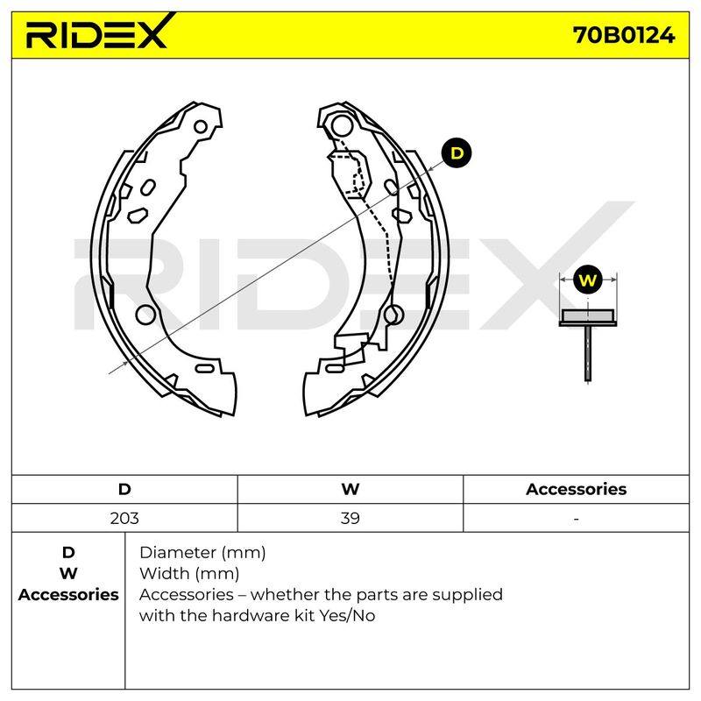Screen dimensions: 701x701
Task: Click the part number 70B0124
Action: pyautogui.click(x=624, y=35)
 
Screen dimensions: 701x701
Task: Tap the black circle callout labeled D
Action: pyautogui.click(x=457, y=153)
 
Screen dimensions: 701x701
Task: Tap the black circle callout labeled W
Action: pyautogui.click(x=587, y=280)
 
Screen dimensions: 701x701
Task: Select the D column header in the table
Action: pyautogui.click(x=124, y=489)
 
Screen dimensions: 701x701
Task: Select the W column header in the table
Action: pyautogui.click(x=350, y=489)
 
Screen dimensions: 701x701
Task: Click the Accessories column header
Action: pyautogui.click(x=576, y=489)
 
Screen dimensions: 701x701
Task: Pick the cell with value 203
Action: pyautogui.click(x=124, y=518)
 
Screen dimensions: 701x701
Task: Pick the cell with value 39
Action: pyautogui.click(x=350, y=518)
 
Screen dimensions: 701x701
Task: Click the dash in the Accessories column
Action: pyautogui.click(x=577, y=519)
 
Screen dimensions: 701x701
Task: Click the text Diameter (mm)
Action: pyautogui.click(x=202, y=553)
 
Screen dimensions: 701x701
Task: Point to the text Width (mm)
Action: pyautogui.click(x=189, y=574)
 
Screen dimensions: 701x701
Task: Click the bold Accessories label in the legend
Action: pyautogui.click(x=68, y=595)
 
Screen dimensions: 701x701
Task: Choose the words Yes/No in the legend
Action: pyautogui.click(x=347, y=616)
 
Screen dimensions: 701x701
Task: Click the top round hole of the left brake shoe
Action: pyautogui.click(x=201, y=127)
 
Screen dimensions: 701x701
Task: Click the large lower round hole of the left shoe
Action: pyautogui.click(x=145, y=315)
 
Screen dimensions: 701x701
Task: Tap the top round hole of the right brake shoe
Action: pyautogui.click(x=342, y=125)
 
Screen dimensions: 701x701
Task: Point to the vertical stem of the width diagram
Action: pyautogui.click(x=587, y=354)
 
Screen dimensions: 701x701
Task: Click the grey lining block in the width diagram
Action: pyautogui.click(x=587, y=315)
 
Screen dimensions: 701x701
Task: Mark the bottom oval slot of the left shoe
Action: pyautogui.click(x=205, y=368)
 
